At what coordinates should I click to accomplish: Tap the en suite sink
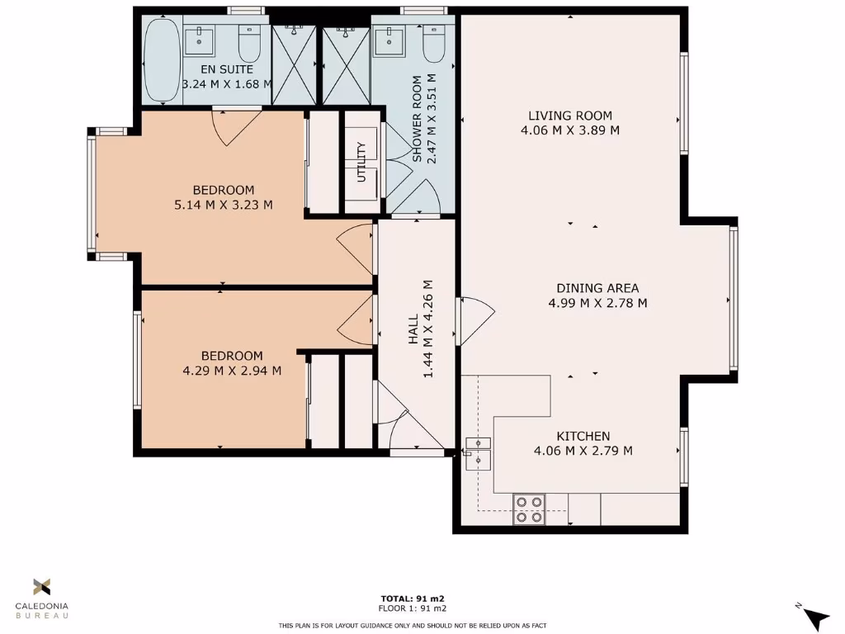pos(199,40)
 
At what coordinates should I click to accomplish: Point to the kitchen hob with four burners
pos(529,509)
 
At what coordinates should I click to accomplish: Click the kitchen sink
pos(478,449)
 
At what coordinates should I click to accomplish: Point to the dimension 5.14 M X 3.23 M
pos(223,205)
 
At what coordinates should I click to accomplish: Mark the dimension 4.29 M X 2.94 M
pos(232,371)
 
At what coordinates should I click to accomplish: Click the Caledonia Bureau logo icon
pos(41,587)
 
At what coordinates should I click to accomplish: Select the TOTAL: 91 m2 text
pos(412,599)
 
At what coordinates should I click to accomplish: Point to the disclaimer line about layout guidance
pos(412,625)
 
